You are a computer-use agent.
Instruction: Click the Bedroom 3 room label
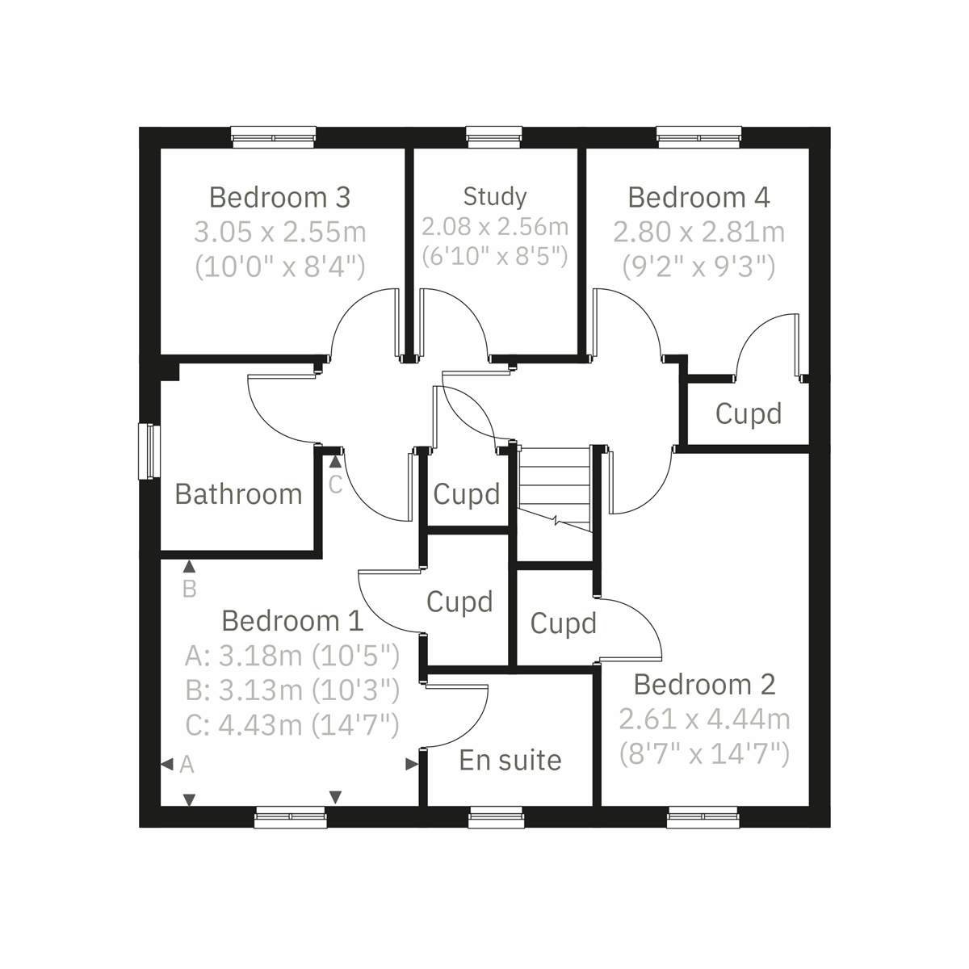click(279, 197)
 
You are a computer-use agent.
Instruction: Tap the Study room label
click(495, 196)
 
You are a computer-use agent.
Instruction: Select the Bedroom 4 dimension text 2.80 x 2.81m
click(698, 233)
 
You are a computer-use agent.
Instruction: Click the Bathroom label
click(238, 494)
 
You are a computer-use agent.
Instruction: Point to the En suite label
click(510, 760)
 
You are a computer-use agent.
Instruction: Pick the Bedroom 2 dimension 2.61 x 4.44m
click(704, 719)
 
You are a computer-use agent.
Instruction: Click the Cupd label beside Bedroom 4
click(749, 414)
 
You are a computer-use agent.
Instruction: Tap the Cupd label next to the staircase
click(467, 494)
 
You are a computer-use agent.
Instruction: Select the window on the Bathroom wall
click(149, 451)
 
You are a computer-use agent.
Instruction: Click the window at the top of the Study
click(494, 137)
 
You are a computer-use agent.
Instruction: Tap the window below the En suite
click(496, 817)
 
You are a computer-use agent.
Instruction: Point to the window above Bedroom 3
click(274, 137)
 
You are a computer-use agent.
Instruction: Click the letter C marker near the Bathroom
click(335, 484)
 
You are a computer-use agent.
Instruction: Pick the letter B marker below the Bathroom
click(190, 589)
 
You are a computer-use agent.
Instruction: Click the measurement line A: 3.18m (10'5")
click(292, 656)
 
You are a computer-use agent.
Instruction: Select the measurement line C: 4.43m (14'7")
click(292, 725)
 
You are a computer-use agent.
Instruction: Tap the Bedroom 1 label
click(292, 621)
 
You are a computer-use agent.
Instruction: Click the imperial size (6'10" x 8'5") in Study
click(495, 256)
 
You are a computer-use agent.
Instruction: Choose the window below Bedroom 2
click(703, 817)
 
